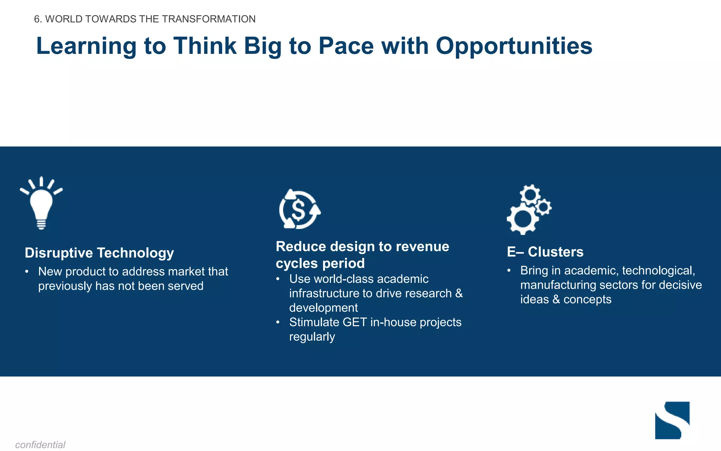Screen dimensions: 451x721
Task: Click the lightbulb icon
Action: pos(41,204)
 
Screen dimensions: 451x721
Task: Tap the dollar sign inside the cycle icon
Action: pos(299,210)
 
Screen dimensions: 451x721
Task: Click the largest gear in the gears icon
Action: pos(522,219)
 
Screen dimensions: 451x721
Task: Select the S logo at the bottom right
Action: pos(672,420)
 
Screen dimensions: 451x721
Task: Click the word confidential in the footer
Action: pos(40,445)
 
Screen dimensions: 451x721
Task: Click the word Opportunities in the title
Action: pos(514,46)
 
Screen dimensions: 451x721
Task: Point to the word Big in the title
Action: pos(263,46)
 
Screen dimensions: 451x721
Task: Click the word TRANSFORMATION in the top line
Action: pos(208,19)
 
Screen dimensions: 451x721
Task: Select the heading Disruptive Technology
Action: pos(99,253)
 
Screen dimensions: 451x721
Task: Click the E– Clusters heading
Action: pos(545,252)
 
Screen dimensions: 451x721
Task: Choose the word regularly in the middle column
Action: pos(312,337)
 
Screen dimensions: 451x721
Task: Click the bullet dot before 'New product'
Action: pos(27,272)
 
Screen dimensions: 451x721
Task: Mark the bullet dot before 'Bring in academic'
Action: pos(509,271)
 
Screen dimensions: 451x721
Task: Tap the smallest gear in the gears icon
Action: pos(544,207)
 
